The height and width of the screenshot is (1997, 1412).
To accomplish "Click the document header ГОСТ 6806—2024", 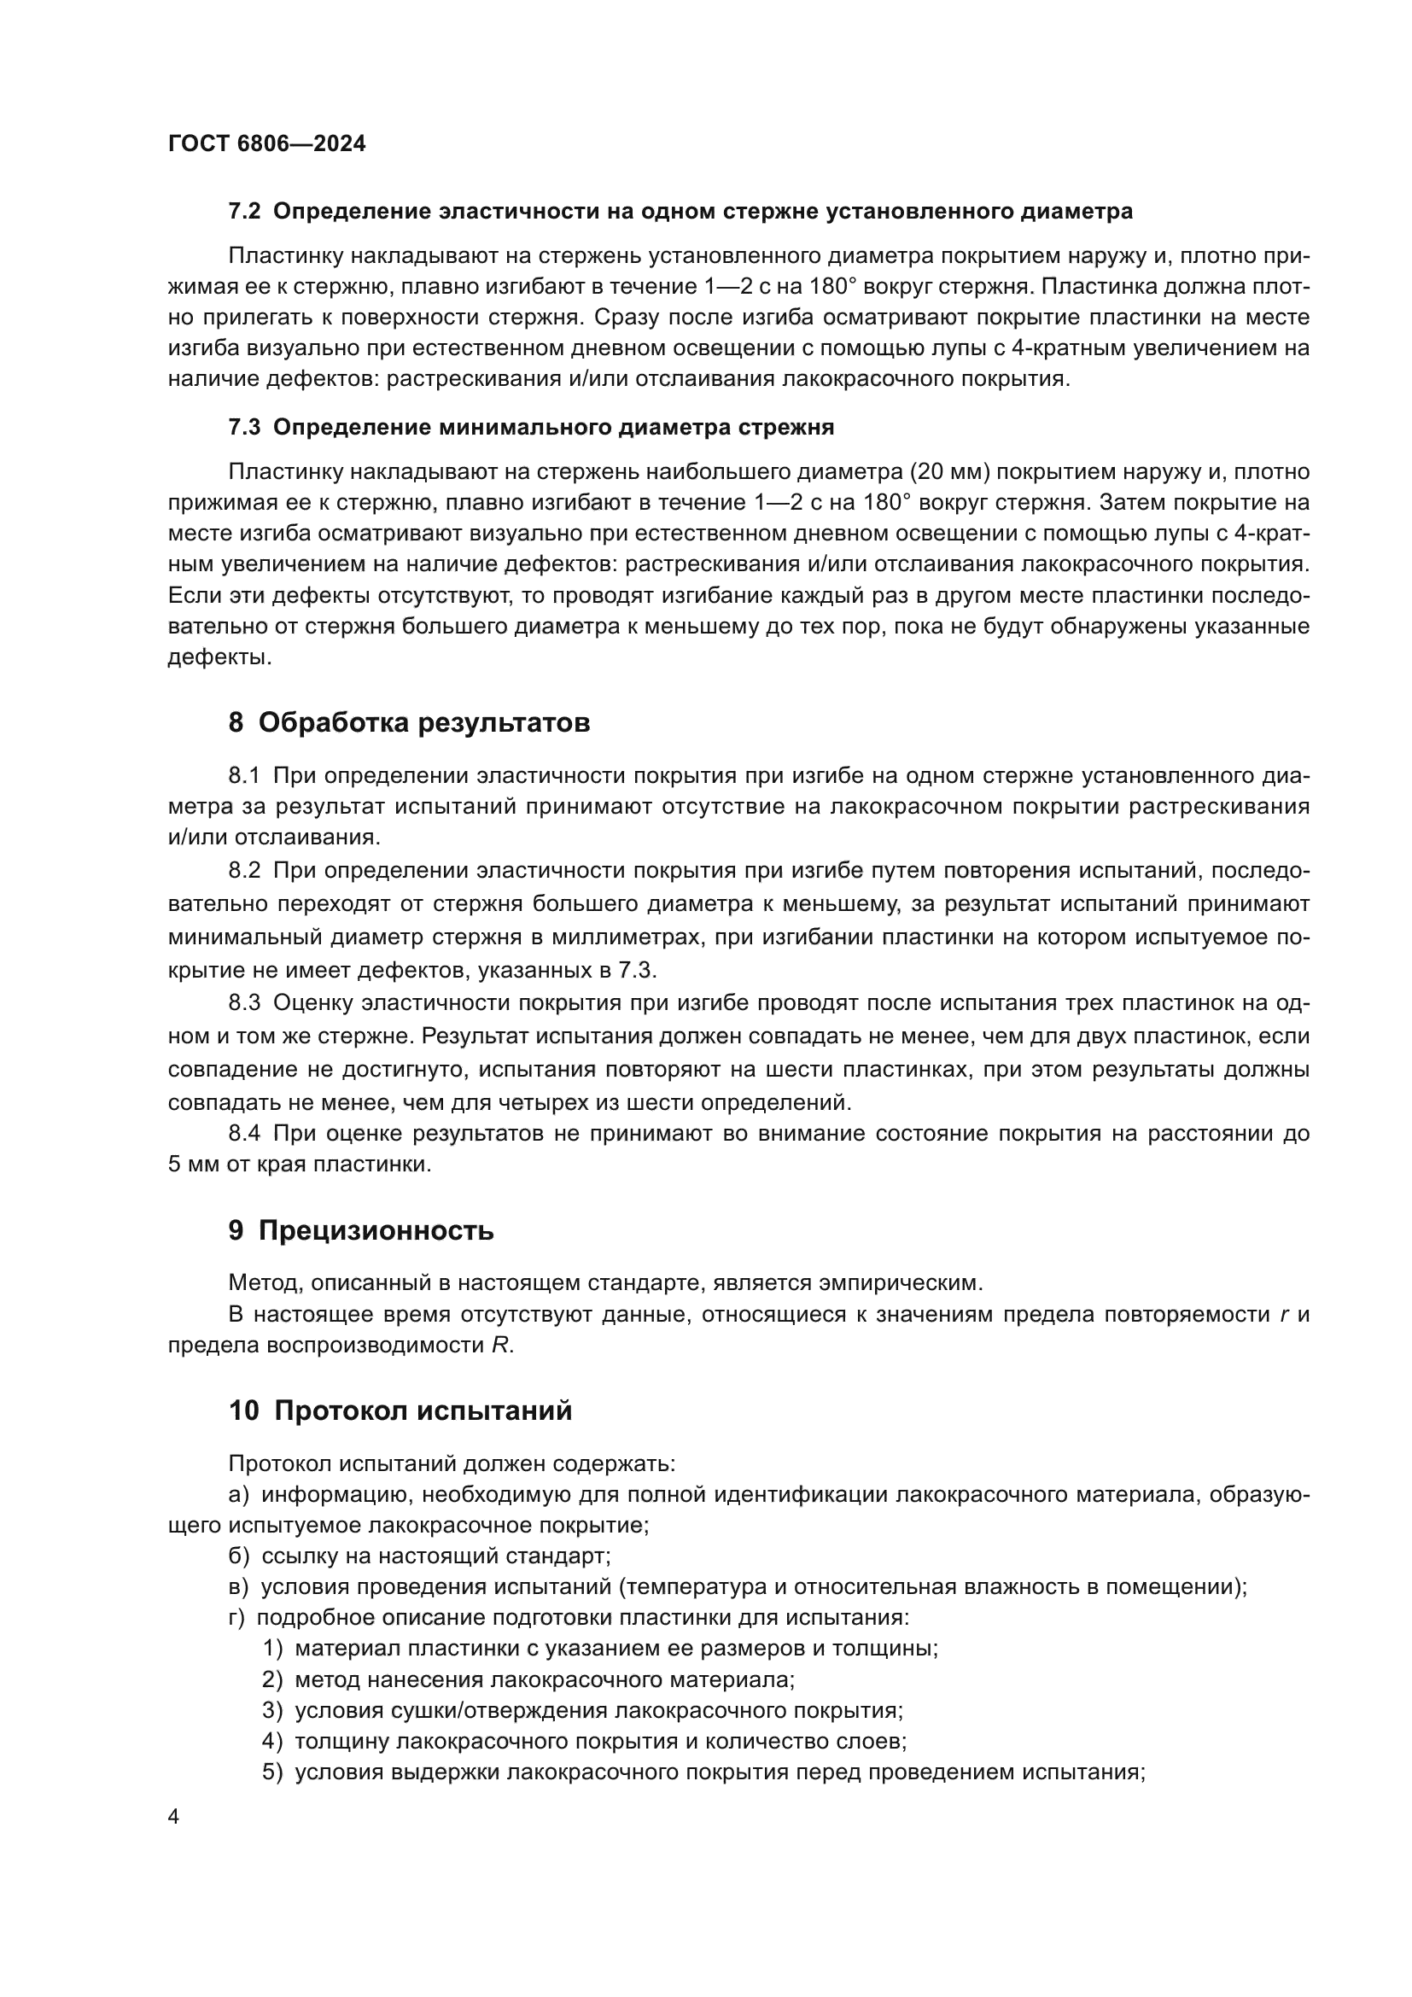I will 266,143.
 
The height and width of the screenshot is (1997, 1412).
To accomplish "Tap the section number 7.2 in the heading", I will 244,212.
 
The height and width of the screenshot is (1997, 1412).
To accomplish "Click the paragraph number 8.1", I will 244,775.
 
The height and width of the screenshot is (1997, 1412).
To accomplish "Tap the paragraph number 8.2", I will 244,871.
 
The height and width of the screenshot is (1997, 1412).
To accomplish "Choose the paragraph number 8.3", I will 244,1003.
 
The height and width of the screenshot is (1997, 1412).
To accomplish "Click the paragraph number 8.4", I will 244,1133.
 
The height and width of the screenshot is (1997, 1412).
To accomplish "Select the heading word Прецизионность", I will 376,1231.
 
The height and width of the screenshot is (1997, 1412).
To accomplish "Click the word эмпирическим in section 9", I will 906,1283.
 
